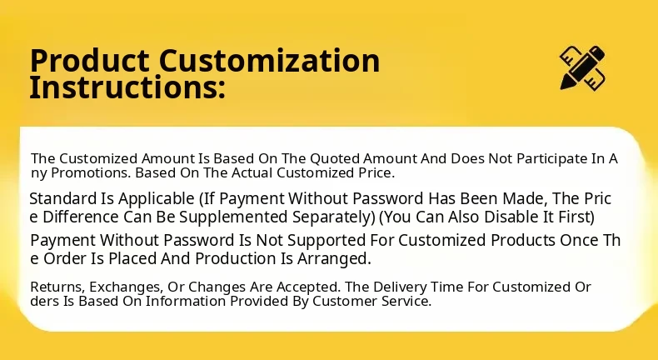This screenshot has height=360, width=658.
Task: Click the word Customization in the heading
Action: coord(270,61)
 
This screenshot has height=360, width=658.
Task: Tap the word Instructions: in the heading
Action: coord(127,87)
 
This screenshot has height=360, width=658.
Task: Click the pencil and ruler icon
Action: coord(582,67)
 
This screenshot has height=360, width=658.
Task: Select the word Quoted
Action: coord(335,159)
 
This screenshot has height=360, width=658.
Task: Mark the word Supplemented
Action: coord(234,217)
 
